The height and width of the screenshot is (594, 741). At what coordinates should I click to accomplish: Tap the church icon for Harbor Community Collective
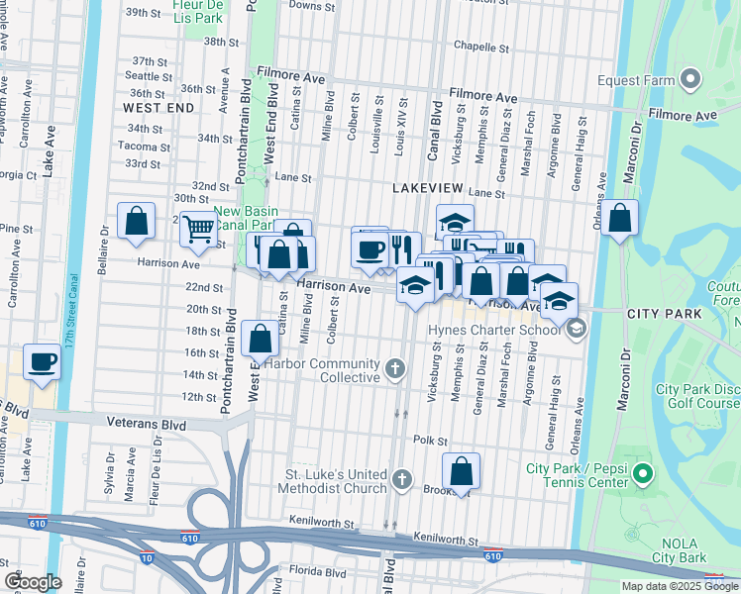(395, 370)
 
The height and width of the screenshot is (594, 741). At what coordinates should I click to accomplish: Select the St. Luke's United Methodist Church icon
(401, 480)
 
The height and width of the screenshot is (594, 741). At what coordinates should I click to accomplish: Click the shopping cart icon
(199, 228)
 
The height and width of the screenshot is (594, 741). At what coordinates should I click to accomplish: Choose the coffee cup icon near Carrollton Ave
(42, 361)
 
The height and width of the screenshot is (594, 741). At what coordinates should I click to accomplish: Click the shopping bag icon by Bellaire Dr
(136, 220)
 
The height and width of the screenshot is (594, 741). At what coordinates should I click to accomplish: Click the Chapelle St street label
(480, 47)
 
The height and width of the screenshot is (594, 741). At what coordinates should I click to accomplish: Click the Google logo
(34, 582)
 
